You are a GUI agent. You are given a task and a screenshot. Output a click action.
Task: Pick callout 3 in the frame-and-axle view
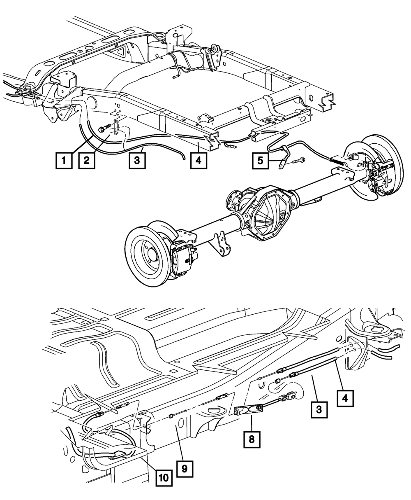click(x=137, y=160)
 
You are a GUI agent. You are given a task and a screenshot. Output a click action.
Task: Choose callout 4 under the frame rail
click(x=199, y=160)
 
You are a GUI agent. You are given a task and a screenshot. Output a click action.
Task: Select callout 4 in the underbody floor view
click(x=345, y=398)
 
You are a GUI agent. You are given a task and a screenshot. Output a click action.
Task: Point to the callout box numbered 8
click(x=252, y=439)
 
